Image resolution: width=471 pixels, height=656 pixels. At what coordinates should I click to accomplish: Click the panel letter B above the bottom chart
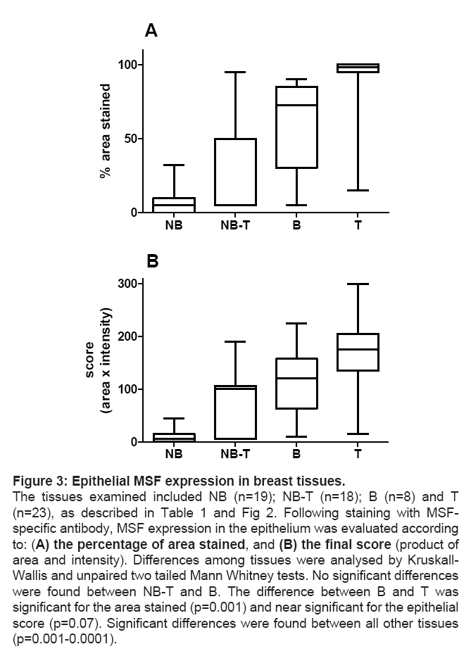(x=152, y=262)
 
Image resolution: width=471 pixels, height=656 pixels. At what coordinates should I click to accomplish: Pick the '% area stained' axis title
(x=106, y=131)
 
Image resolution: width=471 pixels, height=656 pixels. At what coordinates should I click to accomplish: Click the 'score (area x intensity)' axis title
(x=97, y=362)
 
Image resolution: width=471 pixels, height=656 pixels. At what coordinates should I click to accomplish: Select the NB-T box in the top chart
(x=235, y=172)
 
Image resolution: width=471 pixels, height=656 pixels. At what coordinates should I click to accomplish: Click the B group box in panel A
(x=296, y=127)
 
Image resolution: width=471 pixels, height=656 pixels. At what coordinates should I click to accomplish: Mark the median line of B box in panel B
(x=296, y=378)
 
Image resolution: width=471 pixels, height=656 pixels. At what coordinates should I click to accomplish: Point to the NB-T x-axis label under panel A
(x=235, y=227)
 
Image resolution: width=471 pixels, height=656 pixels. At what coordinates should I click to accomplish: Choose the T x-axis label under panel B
(x=358, y=455)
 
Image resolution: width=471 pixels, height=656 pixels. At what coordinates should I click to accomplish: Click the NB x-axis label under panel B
(x=174, y=455)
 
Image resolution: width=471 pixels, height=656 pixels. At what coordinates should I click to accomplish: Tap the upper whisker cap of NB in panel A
(x=174, y=165)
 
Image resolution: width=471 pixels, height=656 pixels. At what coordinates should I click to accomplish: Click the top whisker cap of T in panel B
(x=358, y=284)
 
